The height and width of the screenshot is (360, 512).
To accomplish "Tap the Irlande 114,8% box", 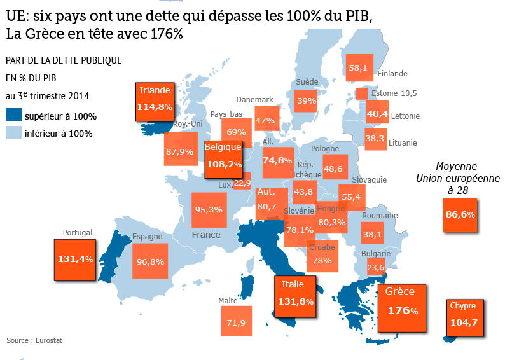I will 155,102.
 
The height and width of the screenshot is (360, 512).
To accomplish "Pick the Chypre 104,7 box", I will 464,315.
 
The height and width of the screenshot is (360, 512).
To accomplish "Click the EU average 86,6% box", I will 460,214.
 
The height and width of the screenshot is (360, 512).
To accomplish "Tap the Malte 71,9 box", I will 236,322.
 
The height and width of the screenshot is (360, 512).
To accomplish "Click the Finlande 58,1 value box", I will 358,68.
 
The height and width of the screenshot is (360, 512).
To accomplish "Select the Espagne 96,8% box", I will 150,261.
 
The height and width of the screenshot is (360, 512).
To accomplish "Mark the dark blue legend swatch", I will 13,116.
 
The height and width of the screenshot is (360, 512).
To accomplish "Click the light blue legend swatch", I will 13,133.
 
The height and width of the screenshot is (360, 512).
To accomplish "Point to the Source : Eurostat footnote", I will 34,341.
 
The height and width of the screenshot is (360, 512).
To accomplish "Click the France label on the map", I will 206,235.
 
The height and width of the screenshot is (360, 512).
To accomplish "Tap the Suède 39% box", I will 306,100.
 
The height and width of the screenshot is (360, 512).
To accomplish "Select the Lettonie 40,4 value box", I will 377,114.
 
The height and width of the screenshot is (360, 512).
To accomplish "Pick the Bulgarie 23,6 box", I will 376,268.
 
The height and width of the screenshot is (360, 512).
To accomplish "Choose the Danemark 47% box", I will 264,120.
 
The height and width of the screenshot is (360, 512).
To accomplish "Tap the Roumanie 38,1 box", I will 372,235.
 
